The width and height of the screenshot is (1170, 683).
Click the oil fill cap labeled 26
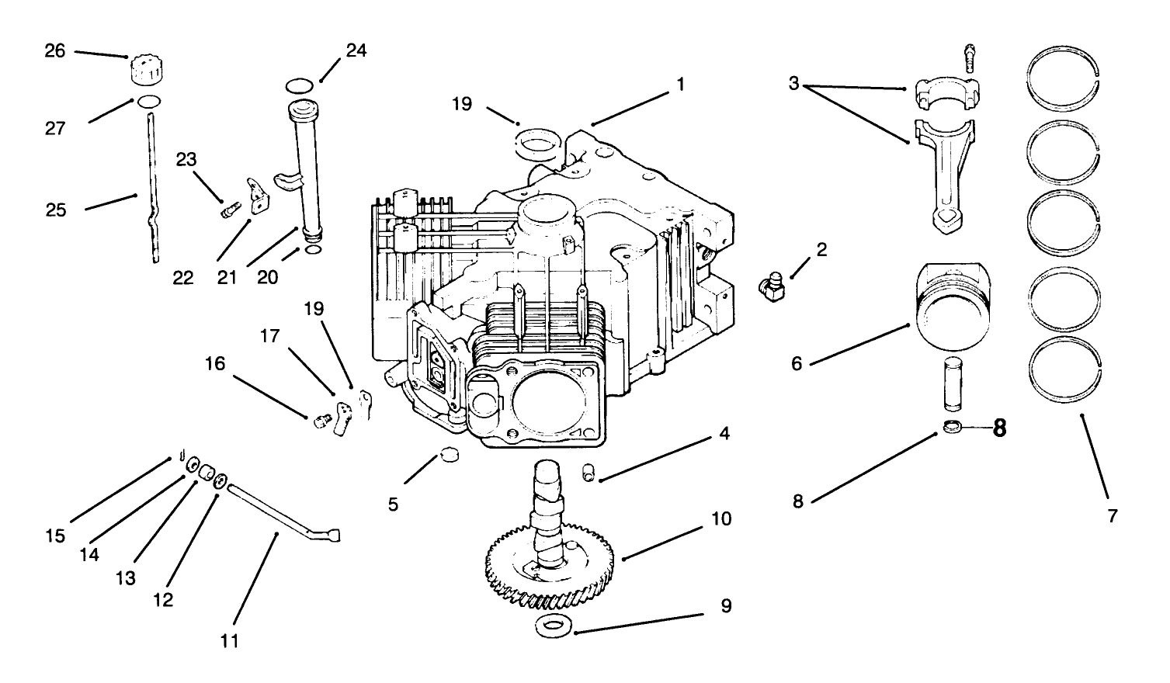pos(146,70)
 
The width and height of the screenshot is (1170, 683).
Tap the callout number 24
pos(356,50)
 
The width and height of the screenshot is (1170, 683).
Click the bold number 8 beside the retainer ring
pos(999,428)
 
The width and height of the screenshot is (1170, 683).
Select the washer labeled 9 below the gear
pos(553,625)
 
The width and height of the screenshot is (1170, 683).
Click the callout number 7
pos(1112,515)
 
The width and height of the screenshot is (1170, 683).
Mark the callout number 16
pos(215,363)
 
